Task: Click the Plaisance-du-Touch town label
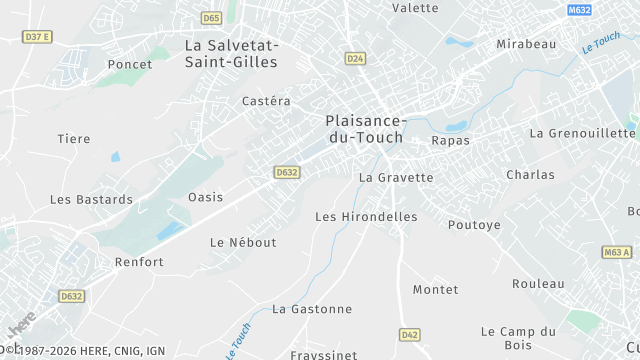(364, 128)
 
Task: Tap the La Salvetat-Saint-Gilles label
(232, 53)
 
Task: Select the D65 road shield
(210, 17)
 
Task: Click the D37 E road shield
(36, 37)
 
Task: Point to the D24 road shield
(355, 59)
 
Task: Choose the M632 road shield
(579, 10)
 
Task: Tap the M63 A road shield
(617, 252)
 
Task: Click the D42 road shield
(409, 334)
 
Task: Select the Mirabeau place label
(526, 44)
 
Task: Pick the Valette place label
(415, 8)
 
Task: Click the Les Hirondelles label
(365, 216)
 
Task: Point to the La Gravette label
(396, 178)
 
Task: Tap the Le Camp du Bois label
(518, 338)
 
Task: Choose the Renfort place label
(139, 262)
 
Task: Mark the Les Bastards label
(91, 199)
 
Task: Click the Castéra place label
(266, 101)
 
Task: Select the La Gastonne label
(312, 309)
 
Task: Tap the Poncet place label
(131, 64)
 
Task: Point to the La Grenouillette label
(583, 133)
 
